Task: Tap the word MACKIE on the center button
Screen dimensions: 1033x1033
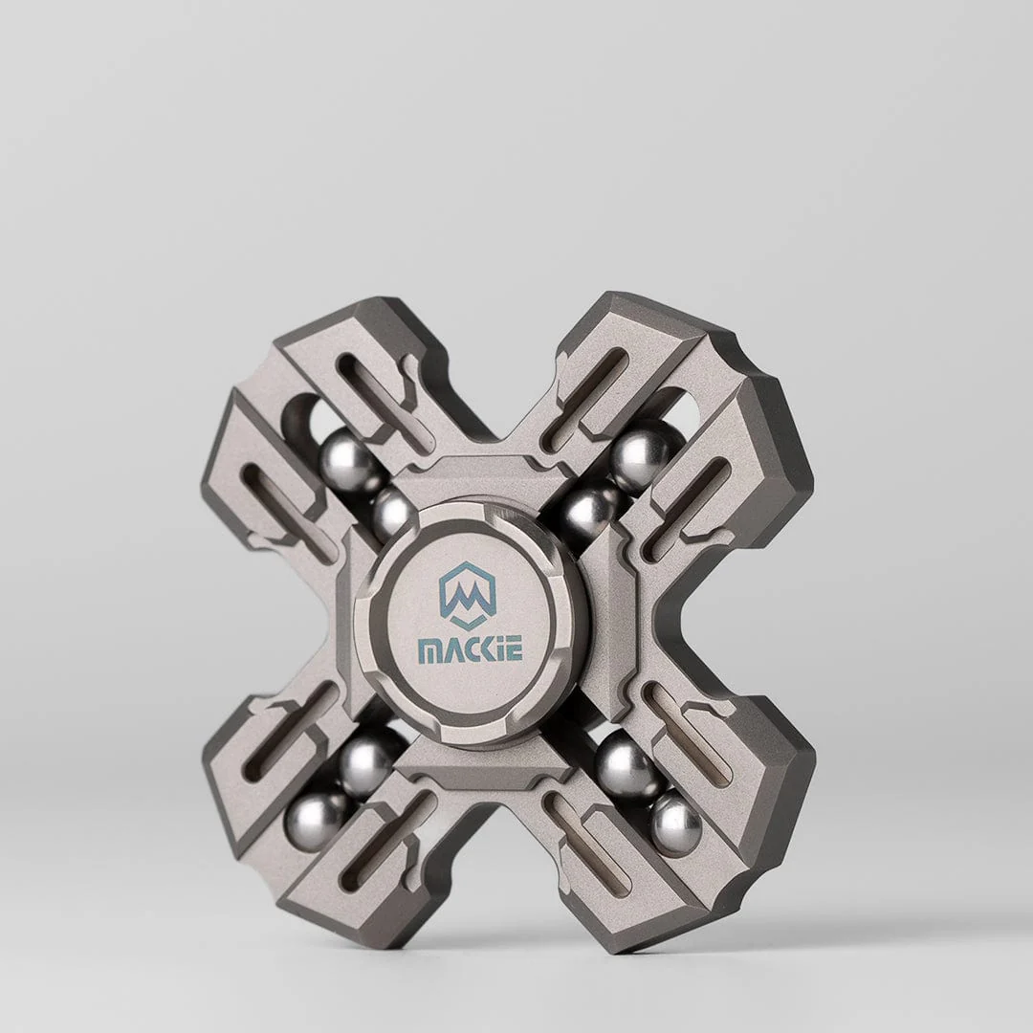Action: click(x=471, y=650)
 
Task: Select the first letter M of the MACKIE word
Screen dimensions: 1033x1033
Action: click(x=429, y=651)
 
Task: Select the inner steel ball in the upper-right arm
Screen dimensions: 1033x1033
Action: click(x=586, y=510)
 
